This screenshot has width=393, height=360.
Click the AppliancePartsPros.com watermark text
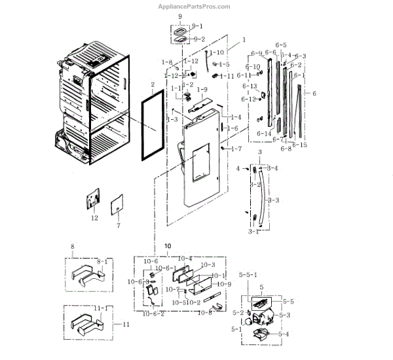(195, 7)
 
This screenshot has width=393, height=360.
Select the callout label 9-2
(196, 39)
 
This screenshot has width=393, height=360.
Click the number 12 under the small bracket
(94, 218)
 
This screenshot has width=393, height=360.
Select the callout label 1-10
(217, 52)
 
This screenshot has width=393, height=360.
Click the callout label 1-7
(236, 149)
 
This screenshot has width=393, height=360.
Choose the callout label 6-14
(265, 134)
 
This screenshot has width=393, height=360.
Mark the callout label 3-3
(274, 200)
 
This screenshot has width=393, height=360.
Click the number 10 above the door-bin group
(167, 246)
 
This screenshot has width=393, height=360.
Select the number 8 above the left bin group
(72, 247)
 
